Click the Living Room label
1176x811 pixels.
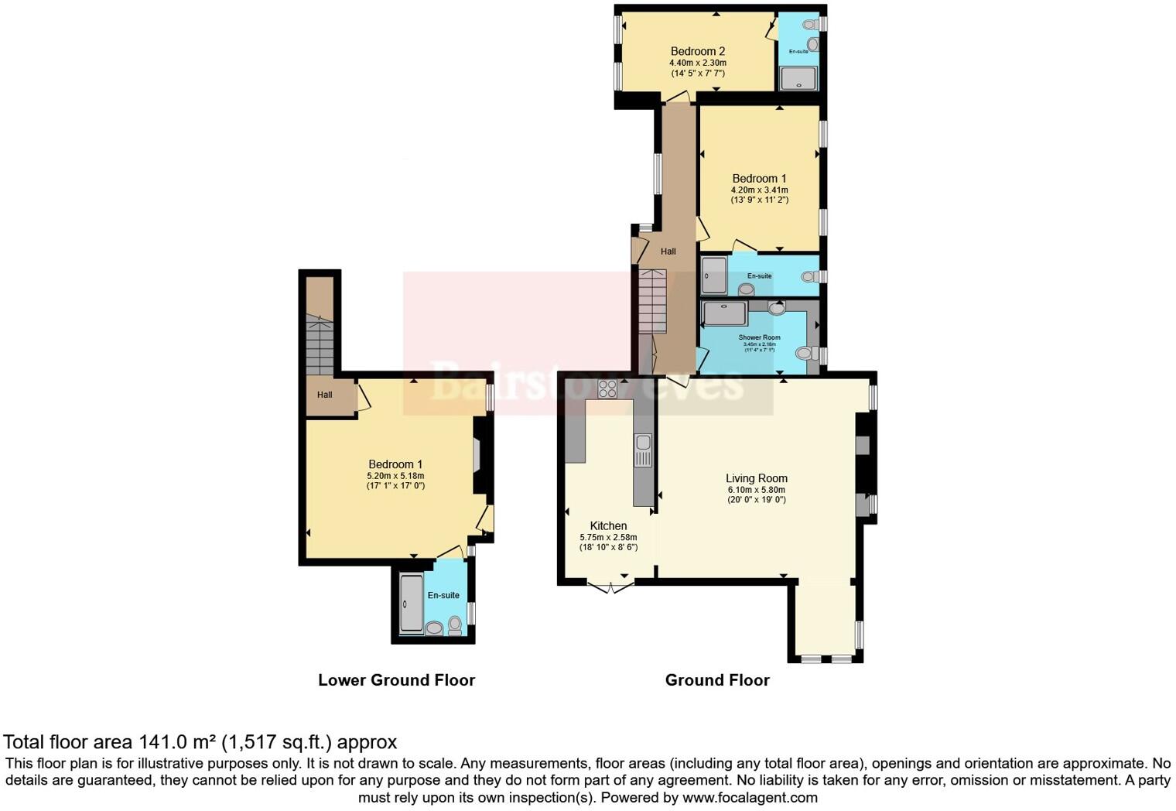click(x=756, y=478)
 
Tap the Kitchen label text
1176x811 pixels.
click(x=608, y=525)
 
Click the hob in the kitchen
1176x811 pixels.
click(x=607, y=388)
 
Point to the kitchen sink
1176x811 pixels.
click(x=643, y=450)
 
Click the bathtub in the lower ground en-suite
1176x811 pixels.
click(x=412, y=603)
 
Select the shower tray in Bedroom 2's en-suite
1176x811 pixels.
click(x=798, y=78)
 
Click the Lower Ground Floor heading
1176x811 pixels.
click(x=396, y=679)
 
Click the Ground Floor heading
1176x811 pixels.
click(x=717, y=679)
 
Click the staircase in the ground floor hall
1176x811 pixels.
click(x=651, y=301)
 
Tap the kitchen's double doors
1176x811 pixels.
click(x=611, y=587)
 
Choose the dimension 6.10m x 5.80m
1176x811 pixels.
click(x=756, y=490)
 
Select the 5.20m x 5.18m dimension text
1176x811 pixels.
click(x=395, y=476)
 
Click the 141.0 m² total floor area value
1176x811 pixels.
click(x=177, y=742)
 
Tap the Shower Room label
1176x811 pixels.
click(x=759, y=337)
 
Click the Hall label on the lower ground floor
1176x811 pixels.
click(x=324, y=395)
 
